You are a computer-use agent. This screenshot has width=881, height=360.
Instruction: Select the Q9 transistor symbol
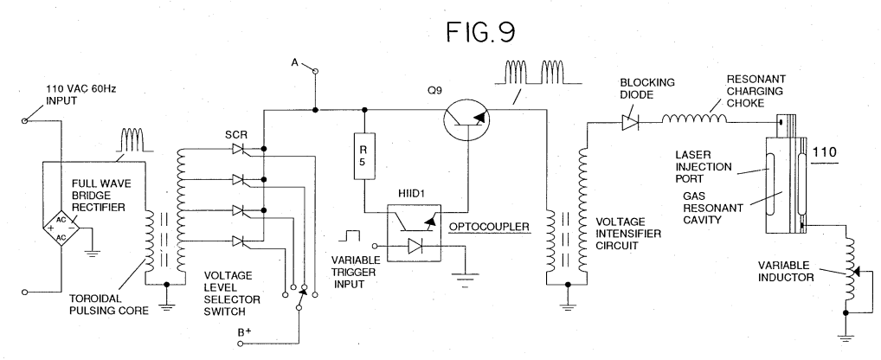tap(466, 119)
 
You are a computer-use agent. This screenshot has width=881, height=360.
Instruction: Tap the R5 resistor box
tap(364, 156)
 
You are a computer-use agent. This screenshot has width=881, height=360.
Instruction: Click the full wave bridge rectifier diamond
tap(61, 228)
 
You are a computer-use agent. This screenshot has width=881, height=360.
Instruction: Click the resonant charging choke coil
tap(694, 119)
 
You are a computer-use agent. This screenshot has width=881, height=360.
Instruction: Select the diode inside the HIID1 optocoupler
tap(415, 246)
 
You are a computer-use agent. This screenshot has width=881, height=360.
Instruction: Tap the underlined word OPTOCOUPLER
tap(489, 227)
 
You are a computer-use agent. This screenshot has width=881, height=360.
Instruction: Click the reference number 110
tap(824, 152)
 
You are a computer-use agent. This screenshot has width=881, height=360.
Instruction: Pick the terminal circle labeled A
tap(315, 71)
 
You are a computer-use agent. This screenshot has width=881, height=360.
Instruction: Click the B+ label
tap(243, 332)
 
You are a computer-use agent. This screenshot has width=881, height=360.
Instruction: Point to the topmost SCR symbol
tap(240, 150)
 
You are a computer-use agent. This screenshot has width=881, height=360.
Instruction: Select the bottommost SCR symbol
tap(240, 241)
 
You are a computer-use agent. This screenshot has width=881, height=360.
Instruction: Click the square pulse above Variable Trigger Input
tap(352, 235)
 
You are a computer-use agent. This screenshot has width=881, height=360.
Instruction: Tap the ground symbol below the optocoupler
tap(465, 280)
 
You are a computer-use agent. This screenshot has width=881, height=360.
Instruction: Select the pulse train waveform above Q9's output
tap(537, 73)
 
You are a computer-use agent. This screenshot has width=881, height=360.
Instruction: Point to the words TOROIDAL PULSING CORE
tap(109, 305)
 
